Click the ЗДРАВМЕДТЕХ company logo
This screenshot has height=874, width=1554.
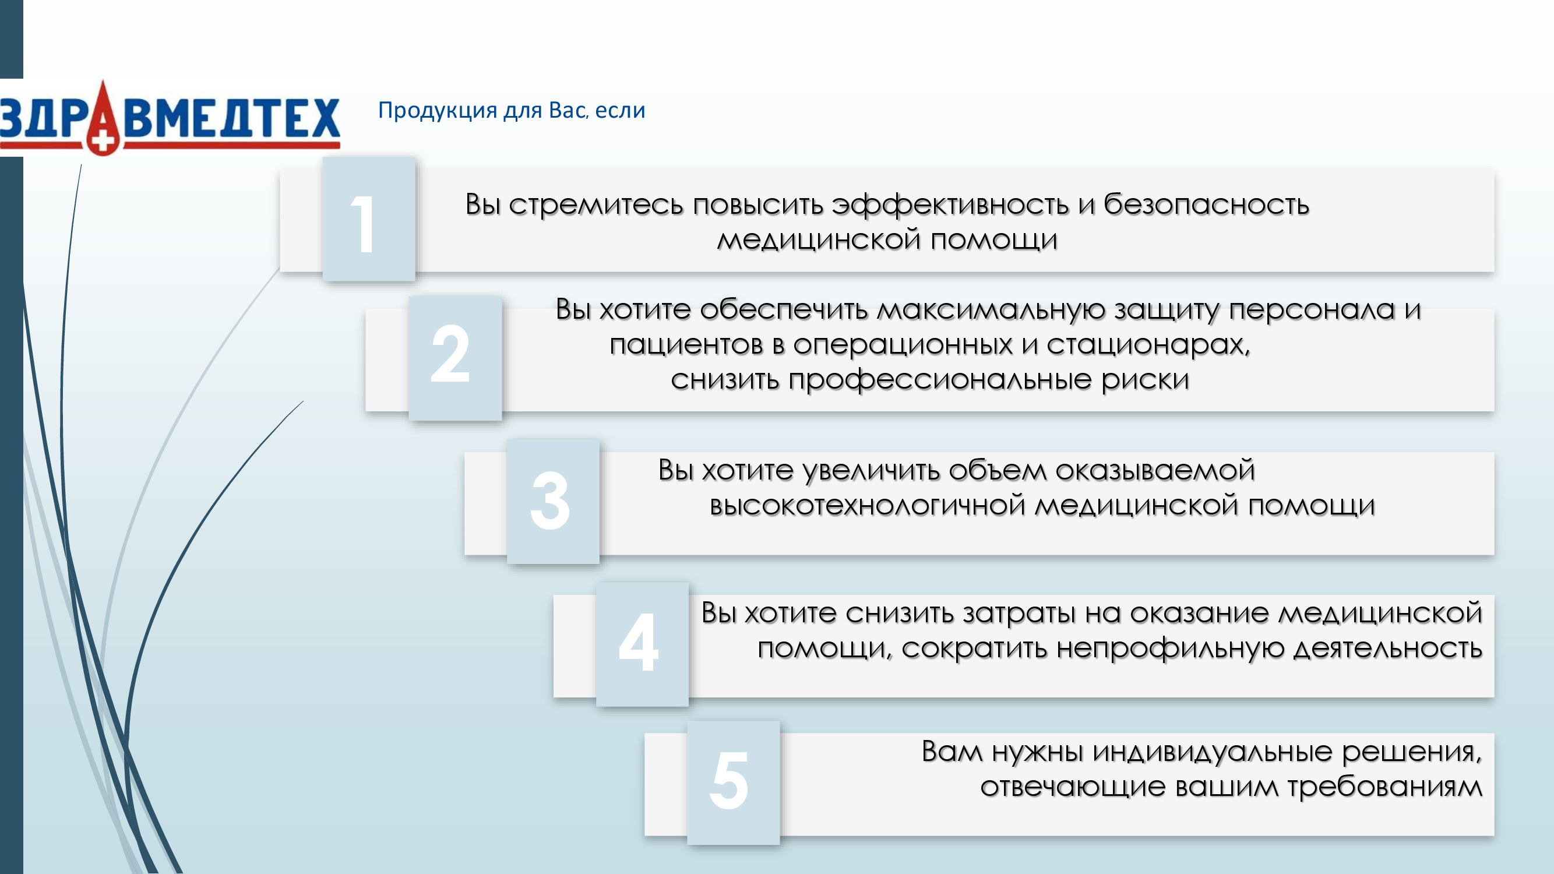(170, 118)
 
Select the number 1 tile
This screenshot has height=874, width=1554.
(369, 219)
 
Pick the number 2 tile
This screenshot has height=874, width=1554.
(455, 358)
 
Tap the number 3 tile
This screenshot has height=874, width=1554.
(553, 501)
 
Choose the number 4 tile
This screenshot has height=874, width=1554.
(642, 644)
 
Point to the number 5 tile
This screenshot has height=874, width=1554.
(733, 783)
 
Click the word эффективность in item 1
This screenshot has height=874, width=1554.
(951, 206)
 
